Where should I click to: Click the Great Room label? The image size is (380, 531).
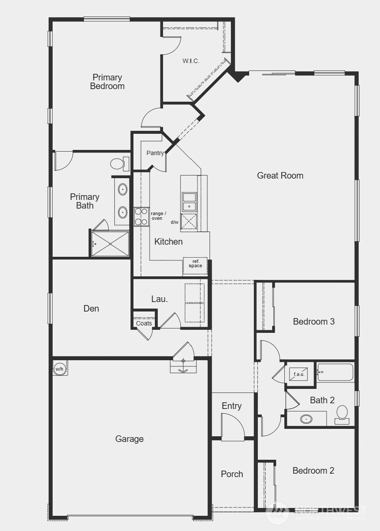[280, 176]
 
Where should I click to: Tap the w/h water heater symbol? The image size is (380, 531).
[60, 369]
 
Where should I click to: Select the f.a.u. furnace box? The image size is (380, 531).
[299, 374]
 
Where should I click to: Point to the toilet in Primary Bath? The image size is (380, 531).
[118, 164]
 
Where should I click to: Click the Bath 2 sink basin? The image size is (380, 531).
[307, 419]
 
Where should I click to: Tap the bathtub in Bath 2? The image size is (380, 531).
[335, 372]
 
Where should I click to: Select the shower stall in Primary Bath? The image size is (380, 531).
[110, 244]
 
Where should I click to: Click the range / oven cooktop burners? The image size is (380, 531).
[141, 216]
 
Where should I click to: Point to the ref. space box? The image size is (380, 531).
[195, 265]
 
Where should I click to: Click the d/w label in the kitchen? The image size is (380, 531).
[174, 222]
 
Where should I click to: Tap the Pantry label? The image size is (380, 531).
[155, 153]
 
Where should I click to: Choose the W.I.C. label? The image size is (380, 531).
[191, 61]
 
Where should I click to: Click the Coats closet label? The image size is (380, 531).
[144, 323]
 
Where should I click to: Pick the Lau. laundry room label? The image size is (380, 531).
[160, 299]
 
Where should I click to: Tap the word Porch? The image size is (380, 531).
[232, 474]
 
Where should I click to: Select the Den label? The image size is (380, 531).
[91, 309]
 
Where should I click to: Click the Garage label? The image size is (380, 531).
[129, 439]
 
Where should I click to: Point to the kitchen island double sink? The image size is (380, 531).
[189, 201]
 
